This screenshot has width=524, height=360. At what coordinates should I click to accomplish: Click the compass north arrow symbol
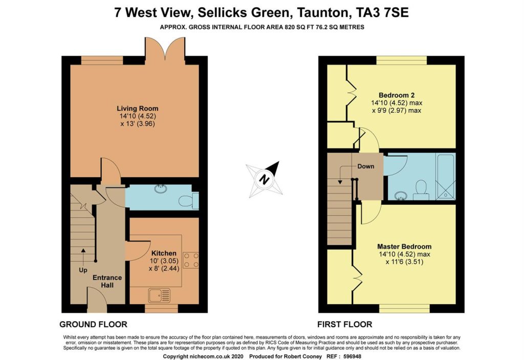pos(265,179)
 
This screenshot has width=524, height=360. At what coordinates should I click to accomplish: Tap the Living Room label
pos(137,108)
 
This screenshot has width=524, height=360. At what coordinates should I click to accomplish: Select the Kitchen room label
pos(164,253)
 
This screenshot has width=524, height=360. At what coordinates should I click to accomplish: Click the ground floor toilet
pos(193,199)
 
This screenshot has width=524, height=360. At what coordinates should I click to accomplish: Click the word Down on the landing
pos(365,166)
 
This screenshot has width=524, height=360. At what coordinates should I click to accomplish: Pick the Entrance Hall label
pos(107,281)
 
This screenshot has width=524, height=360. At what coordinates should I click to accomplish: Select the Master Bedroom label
pos(404,246)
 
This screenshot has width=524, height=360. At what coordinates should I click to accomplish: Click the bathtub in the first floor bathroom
pos(445,175)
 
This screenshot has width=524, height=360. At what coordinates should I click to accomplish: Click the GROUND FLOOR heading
pos(93,324)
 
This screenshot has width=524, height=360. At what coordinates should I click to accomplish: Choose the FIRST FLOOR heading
pos(344,324)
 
